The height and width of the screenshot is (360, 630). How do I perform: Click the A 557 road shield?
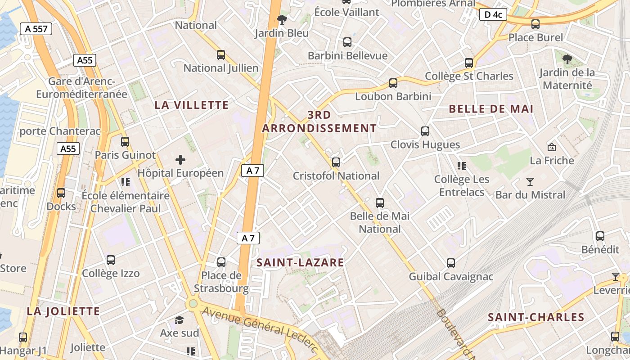tap(36, 29)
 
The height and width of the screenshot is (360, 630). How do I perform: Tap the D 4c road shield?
tap(493, 15)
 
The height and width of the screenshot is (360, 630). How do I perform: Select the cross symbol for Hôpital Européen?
tap(180, 160)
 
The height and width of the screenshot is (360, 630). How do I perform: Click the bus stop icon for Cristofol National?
tap(336, 162)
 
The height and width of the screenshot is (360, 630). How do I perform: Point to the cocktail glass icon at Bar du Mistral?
tap(530, 182)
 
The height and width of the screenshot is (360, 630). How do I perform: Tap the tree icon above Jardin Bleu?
tap(282, 19)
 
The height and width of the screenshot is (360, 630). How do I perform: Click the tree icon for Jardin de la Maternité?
tap(567, 58)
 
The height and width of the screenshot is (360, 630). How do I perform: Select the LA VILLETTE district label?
tap(192, 105)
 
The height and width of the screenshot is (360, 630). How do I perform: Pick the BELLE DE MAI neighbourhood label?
tap(491, 109)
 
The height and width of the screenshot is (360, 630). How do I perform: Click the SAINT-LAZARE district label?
tap(300, 263)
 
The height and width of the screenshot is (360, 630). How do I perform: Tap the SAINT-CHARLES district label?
tap(536, 317)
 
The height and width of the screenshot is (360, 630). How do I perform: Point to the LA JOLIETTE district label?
tap(63, 311)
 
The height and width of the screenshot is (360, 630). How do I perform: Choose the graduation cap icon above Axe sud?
tap(179, 320)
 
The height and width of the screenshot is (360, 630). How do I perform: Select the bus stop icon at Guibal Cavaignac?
tap(451, 263)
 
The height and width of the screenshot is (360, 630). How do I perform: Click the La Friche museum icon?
tap(551, 147)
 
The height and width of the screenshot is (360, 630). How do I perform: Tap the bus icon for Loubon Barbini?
tap(393, 83)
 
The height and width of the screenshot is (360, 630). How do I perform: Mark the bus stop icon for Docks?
tap(61, 193)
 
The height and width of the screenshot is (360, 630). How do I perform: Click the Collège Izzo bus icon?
tap(111, 260)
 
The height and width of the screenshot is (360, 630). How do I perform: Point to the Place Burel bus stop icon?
tap(535, 24)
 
